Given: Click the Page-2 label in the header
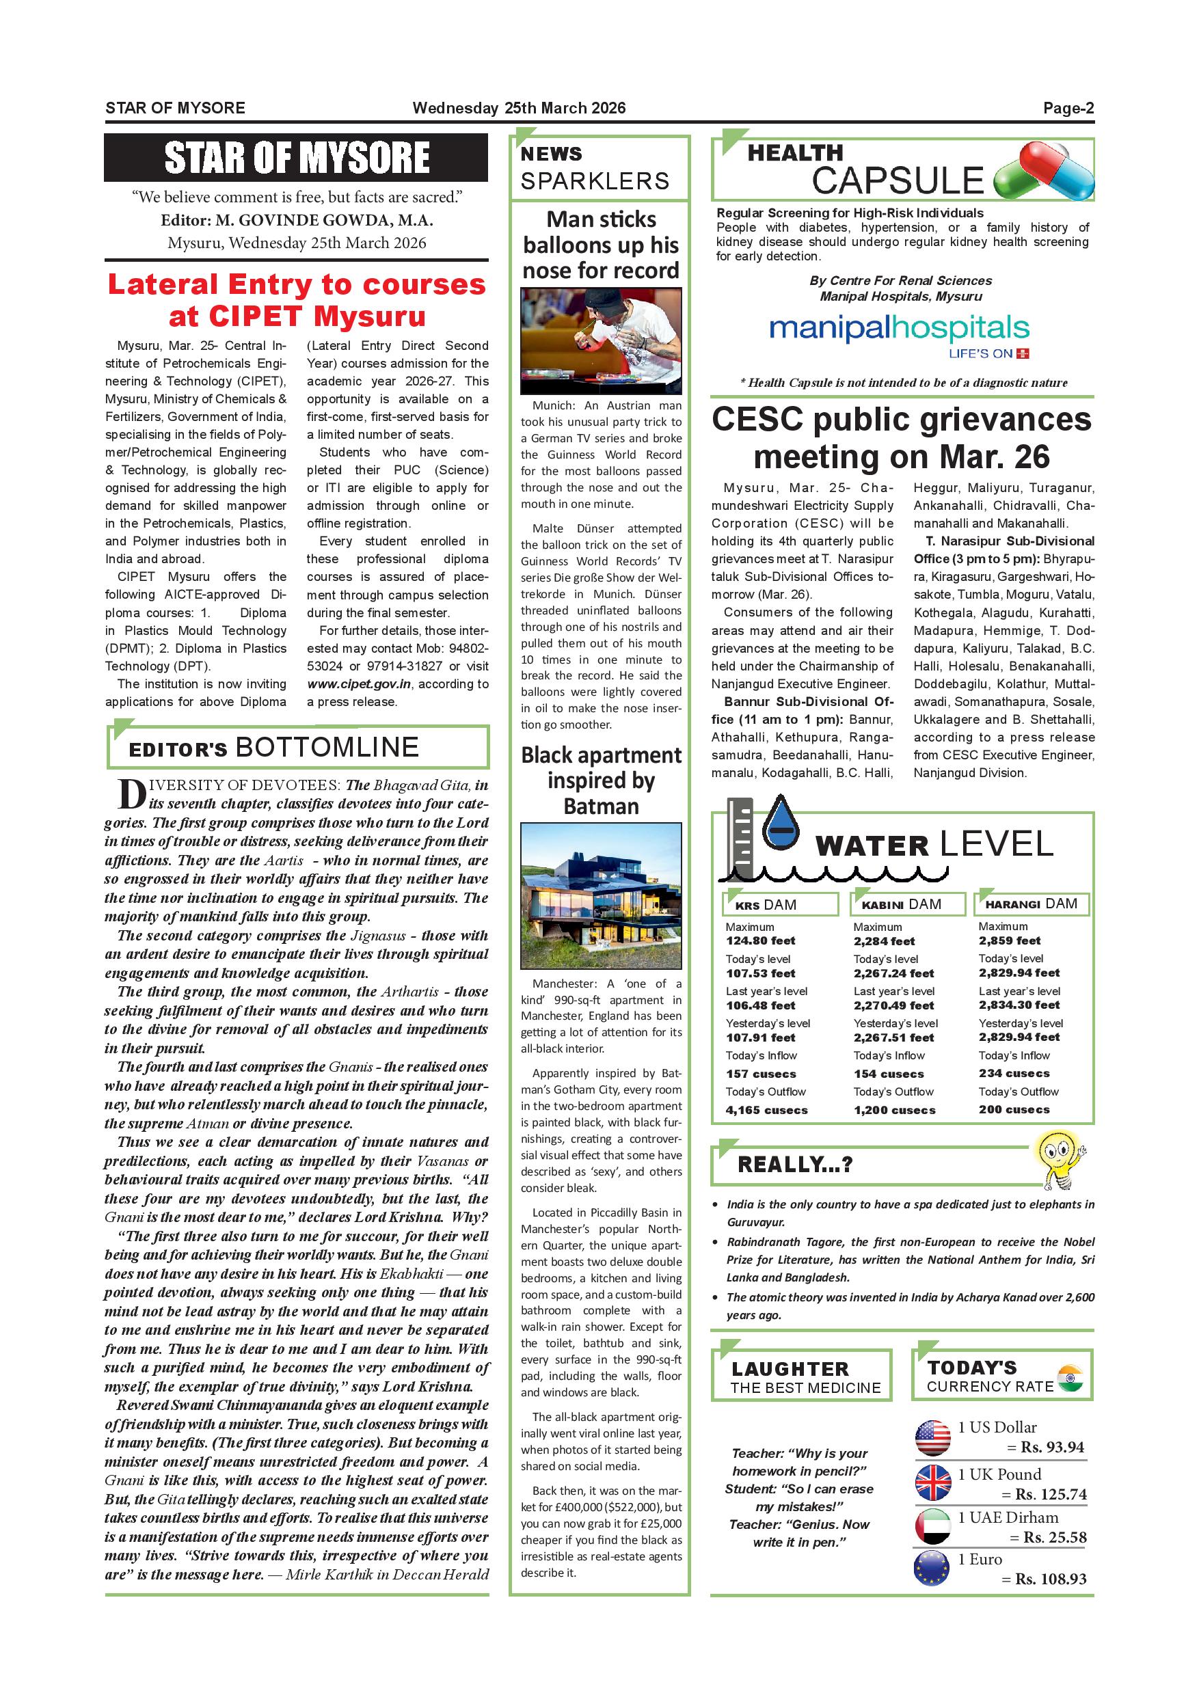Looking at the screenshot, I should point(1068,108).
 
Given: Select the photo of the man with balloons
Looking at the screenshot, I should point(601,341).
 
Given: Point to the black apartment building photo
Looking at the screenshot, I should point(601,895).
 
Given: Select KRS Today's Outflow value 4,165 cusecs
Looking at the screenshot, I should point(766,1109).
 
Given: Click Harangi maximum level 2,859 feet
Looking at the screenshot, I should point(1009,940).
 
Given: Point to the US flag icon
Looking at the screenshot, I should point(932,1436).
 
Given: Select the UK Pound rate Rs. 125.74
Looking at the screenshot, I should point(1051,1494).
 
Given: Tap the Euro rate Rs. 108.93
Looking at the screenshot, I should point(1051,1579).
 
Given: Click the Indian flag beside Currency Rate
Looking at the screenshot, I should point(1070,1378).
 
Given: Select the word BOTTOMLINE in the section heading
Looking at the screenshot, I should point(327,747).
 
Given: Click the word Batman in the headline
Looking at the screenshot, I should point(601,806).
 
